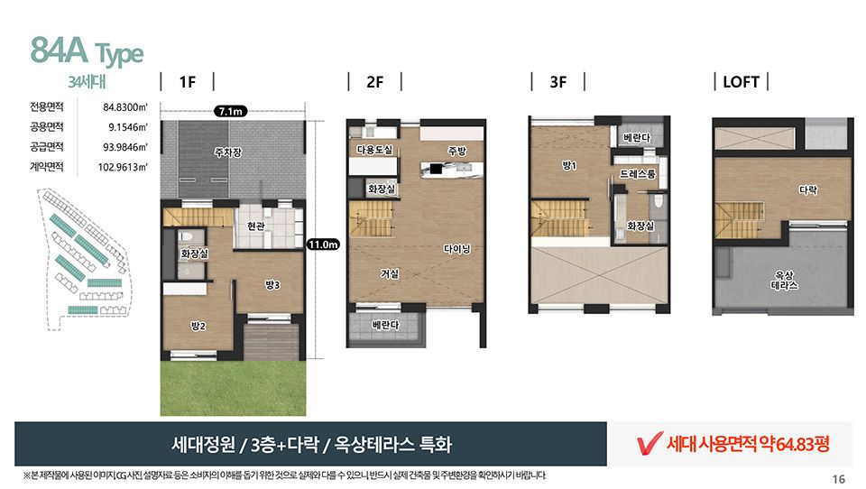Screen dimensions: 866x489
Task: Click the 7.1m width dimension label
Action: [230, 111]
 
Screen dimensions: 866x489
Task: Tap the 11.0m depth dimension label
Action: [323, 244]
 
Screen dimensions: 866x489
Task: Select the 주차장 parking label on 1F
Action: [228, 152]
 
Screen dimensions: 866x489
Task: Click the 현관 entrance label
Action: [255, 226]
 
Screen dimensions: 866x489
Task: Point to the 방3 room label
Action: [272, 284]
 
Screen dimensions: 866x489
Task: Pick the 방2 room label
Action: [198, 326]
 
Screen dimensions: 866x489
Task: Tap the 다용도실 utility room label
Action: [374, 150]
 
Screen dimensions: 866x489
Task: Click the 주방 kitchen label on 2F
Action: [456, 151]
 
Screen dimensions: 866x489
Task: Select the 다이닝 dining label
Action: [456, 249]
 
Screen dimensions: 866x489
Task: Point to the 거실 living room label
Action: [390, 273]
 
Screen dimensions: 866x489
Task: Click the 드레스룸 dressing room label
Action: [637, 174]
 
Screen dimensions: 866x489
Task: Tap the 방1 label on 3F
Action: [569, 165]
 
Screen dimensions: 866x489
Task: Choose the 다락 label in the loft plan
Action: [808, 190]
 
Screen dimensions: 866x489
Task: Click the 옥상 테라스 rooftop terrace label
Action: [784, 281]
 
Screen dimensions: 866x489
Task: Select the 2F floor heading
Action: [374, 82]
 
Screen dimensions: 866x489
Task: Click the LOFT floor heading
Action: [742, 82]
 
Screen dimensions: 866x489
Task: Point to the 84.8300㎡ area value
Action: [125, 107]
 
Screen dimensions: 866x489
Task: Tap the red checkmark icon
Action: [649, 443]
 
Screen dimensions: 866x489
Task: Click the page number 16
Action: [838, 479]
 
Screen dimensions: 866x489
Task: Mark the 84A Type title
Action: [87, 51]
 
